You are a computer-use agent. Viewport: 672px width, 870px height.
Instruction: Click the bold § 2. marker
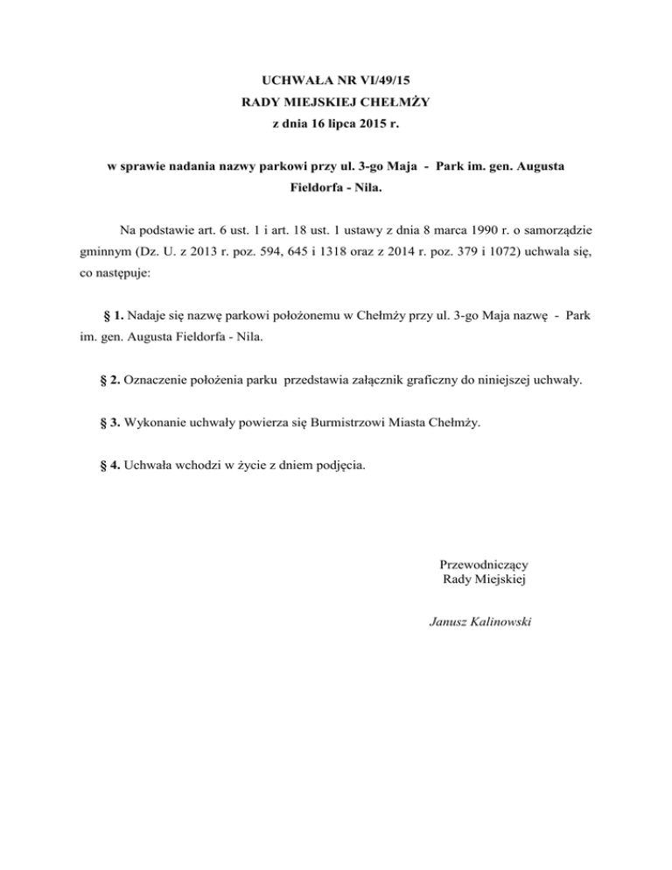click(112, 381)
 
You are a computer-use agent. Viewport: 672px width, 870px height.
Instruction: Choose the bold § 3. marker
click(112, 423)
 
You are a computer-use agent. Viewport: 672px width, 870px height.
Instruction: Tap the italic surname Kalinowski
click(507, 622)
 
